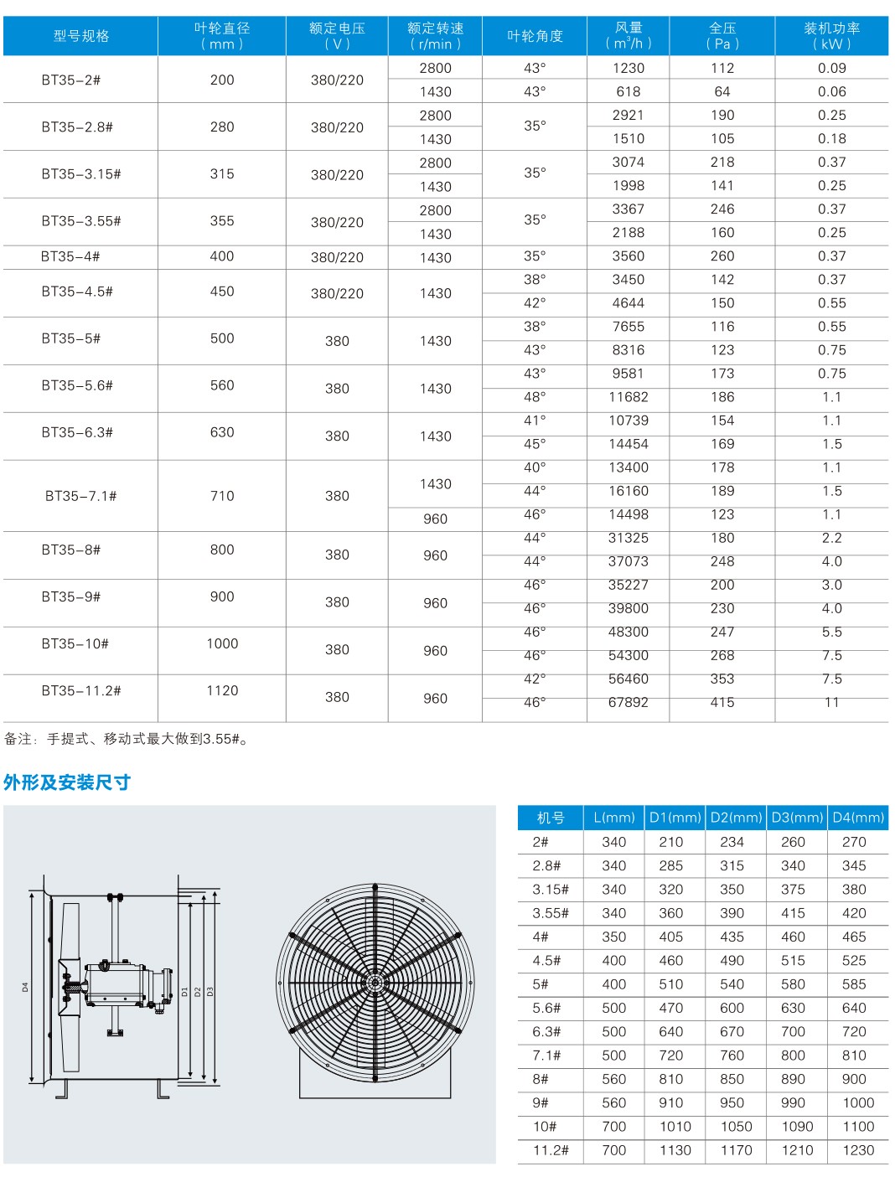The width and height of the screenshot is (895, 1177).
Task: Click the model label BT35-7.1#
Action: point(80,496)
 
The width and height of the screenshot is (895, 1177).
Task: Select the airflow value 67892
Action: point(628,702)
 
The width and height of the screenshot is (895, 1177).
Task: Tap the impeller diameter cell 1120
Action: point(222,690)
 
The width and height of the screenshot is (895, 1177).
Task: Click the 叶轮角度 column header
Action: point(535,36)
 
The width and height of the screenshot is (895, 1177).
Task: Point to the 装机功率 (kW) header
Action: point(831,36)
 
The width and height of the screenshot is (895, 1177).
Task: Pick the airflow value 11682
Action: point(628,397)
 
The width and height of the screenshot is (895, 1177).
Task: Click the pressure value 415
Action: point(722,702)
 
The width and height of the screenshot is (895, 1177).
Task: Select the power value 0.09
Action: point(831,68)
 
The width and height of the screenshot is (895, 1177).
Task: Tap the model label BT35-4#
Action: point(70,256)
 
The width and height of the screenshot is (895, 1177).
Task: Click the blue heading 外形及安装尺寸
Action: point(67,782)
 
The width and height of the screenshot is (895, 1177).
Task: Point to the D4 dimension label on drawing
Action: point(25,988)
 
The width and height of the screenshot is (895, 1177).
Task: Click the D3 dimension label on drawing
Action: point(210,991)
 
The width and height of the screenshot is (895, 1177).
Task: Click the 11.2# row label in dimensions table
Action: point(551,1150)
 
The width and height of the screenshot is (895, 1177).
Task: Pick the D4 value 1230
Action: point(857,1150)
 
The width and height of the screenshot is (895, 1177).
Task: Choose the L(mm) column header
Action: point(614,818)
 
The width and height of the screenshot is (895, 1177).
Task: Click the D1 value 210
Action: point(670,842)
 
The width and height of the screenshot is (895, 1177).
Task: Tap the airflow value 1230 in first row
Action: point(628,68)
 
